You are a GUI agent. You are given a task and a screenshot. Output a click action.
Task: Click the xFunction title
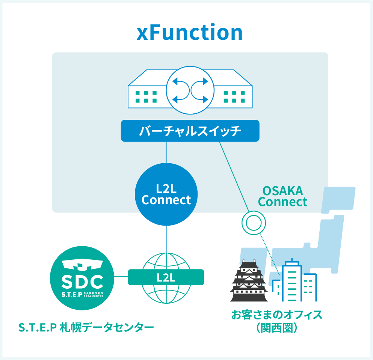point(190,33)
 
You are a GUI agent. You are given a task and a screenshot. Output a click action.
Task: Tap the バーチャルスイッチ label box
point(190,131)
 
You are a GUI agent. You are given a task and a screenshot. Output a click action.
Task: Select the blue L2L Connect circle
point(166,194)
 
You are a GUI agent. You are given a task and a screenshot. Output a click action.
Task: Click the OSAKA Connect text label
point(282,196)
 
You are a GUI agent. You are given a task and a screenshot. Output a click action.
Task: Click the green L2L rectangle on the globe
point(166,277)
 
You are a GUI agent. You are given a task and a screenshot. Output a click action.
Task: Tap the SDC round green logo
point(82,278)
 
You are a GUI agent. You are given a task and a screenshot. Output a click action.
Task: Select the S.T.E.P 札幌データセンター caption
point(86,327)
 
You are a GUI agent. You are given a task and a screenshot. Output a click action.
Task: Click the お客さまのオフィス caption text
point(276,315)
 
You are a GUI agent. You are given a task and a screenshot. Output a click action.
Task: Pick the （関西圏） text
point(276,327)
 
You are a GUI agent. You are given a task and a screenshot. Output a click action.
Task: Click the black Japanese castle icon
point(249,282)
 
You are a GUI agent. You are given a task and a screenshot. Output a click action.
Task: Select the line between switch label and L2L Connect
point(166,152)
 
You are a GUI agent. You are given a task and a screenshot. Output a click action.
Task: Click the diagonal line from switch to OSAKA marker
point(234,176)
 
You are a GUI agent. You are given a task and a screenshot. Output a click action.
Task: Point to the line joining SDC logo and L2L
point(121,277)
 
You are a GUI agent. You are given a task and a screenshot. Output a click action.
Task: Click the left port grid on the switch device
point(146,96)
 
